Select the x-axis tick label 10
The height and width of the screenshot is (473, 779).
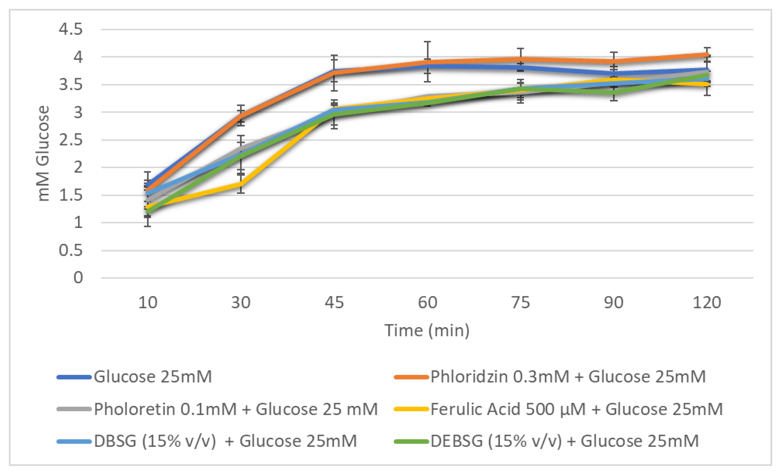148,302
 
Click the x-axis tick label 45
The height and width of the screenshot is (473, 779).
334,302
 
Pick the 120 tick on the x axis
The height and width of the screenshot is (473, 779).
707,302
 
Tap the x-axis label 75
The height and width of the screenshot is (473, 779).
521,302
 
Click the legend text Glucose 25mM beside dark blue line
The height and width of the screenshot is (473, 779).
153,377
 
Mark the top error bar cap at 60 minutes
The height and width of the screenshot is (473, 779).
427,41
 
